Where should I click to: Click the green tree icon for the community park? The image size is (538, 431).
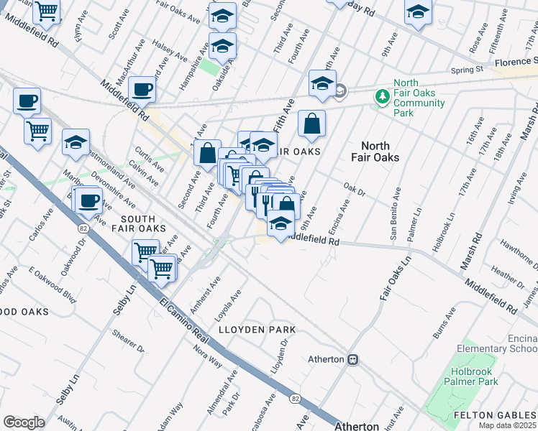tap(383, 96)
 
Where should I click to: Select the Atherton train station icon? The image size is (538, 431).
tap(352, 359)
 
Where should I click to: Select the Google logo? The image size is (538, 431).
tap(24, 422)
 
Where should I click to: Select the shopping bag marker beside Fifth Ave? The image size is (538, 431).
tap(311, 125)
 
